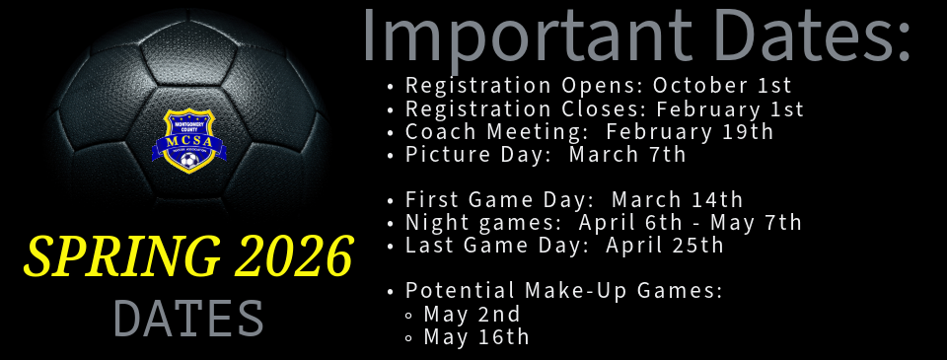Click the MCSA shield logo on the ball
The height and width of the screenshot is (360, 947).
click(x=188, y=141)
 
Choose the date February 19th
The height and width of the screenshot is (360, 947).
click(x=690, y=131)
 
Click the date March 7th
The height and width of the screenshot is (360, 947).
click(x=627, y=154)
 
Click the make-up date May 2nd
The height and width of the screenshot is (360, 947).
click(x=472, y=315)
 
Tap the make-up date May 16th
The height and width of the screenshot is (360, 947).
click(x=476, y=337)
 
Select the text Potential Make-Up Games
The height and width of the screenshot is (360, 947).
click(x=564, y=291)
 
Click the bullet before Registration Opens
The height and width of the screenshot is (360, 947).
click(x=393, y=87)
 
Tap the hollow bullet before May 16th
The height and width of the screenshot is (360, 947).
click(x=410, y=338)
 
